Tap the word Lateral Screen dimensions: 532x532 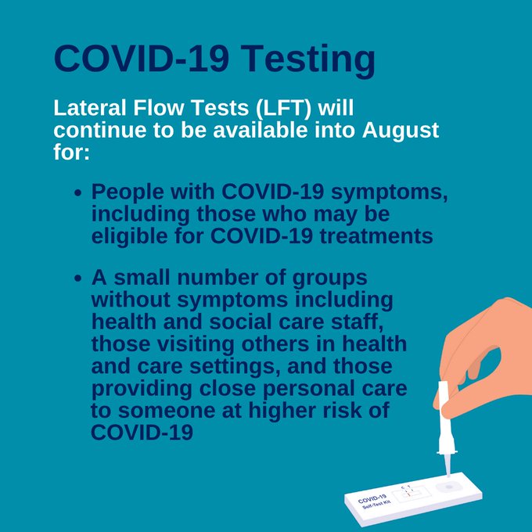click(x=89, y=108)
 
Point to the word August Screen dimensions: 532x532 click(x=401, y=131)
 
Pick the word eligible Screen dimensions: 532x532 click(x=129, y=236)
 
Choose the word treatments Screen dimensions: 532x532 click(x=376, y=236)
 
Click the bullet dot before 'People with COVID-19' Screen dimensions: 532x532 click(x=78, y=193)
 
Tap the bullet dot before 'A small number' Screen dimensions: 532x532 click(x=78, y=279)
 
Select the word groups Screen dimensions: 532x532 click(x=330, y=279)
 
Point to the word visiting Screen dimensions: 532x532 click(x=196, y=344)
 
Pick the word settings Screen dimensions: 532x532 click(x=235, y=367)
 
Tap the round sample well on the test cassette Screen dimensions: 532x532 click(x=448, y=487)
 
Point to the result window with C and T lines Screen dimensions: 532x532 click(x=411, y=494)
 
